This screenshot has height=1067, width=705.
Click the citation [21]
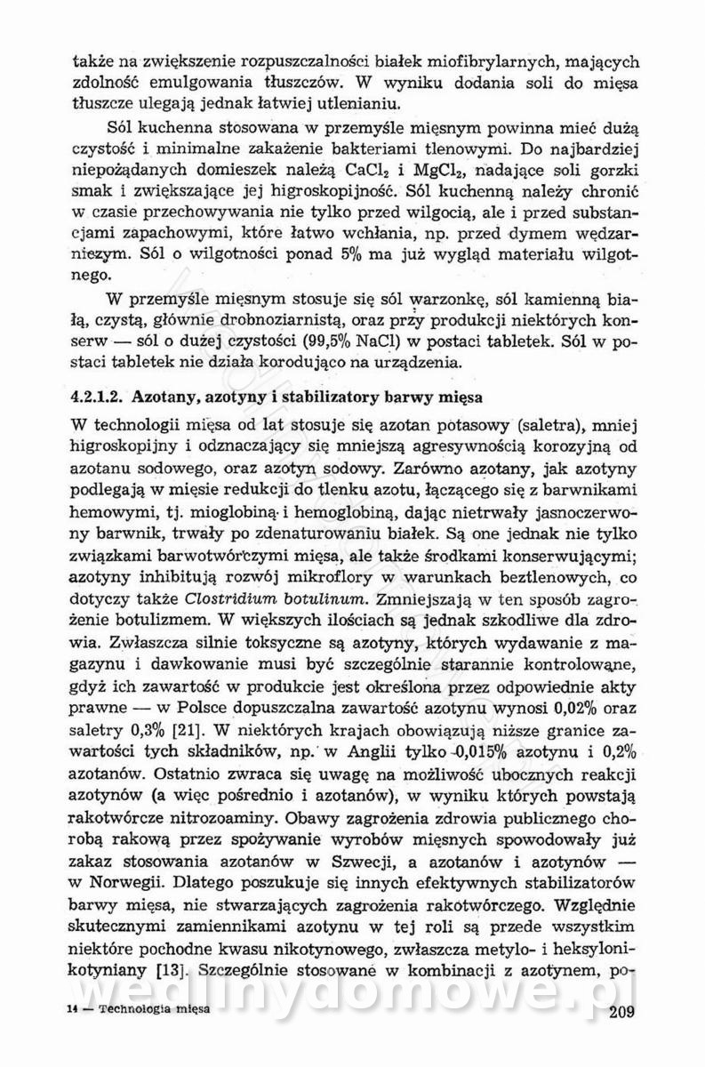(182, 730)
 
